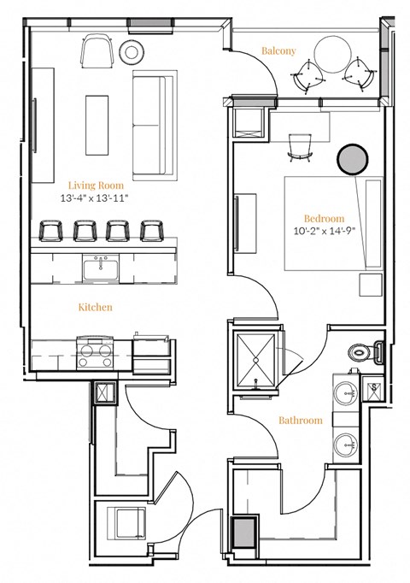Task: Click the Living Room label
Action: pos(95,185)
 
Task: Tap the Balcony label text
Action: pos(278,51)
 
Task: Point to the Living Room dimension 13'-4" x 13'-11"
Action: pos(95,198)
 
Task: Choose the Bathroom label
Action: pos(301,421)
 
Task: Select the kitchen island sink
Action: pos(100,270)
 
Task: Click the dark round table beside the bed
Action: pos(353,159)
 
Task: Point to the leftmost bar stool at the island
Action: pos(52,230)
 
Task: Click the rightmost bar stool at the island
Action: pos(152,230)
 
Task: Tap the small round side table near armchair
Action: pos(132,51)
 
